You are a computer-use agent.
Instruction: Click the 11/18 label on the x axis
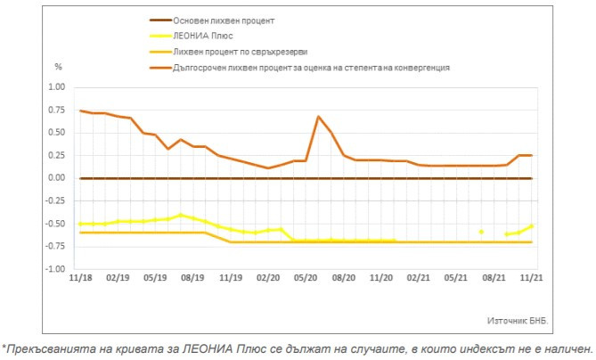tap(80, 278)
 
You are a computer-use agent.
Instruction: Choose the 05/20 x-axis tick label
tap(306, 278)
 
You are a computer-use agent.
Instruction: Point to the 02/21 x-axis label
tap(419, 278)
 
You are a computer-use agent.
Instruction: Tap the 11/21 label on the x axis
tap(532, 278)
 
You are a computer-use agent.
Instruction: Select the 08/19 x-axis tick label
tap(193, 278)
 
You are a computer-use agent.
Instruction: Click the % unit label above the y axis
tap(59, 67)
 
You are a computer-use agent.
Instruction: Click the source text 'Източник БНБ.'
tap(518, 319)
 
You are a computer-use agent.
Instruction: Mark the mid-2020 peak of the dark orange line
tap(318, 117)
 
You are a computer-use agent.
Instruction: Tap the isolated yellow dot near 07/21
tap(481, 232)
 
